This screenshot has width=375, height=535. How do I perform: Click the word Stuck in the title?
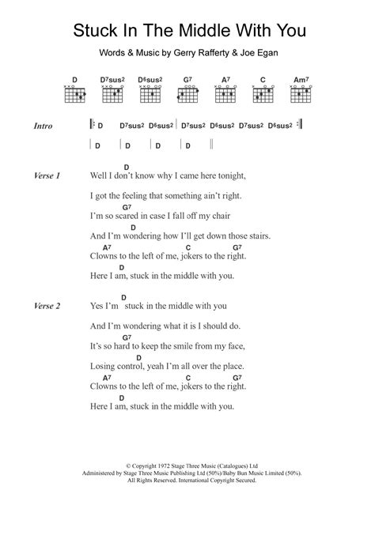click(x=97, y=31)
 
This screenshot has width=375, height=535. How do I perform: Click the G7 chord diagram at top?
click(x=187, y=93)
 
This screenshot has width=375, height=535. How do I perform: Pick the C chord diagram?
click(x=262, y=93)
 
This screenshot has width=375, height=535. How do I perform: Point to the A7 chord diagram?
click(x=225, y=93)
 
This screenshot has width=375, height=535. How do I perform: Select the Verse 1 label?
click(x=48, y=175)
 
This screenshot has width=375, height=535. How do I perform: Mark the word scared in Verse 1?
click(x=131, y=215)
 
